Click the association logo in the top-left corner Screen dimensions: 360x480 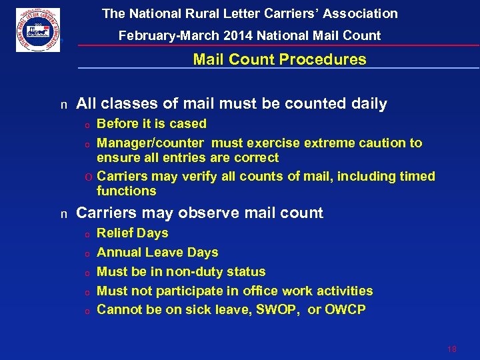click(38, 30)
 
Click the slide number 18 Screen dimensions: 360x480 click(452, 349)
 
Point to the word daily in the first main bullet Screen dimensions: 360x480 click(368, 103)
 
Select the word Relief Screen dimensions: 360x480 click(115, 233)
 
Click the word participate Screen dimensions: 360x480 click(187, 291)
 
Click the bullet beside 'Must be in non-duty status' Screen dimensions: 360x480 click(87, 272)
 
